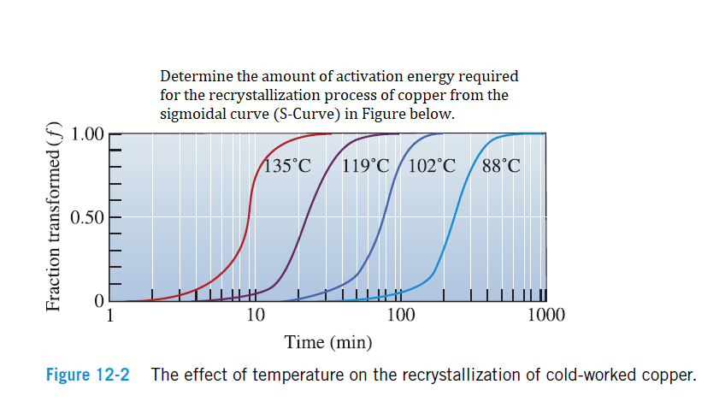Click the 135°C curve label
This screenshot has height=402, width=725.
tap(287, 166)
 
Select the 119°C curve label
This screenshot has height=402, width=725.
tap(366, 166)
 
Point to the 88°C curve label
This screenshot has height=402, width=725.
tap(500, 166)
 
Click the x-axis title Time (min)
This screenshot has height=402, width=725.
tap(327, 343)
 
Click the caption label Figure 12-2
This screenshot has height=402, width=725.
tap(87, 375)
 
